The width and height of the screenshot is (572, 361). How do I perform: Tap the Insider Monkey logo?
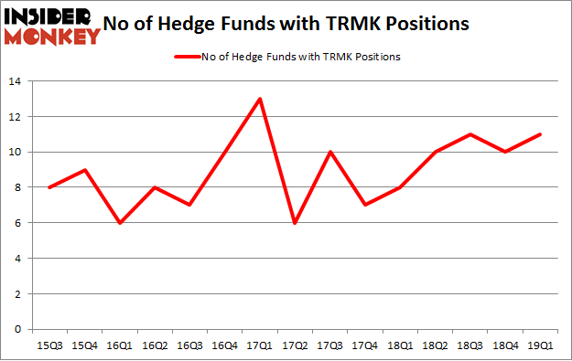tap(51, 26)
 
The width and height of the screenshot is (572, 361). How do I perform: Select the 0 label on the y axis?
tap(18, 330)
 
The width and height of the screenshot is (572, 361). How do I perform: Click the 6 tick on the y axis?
tap(18, 223)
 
